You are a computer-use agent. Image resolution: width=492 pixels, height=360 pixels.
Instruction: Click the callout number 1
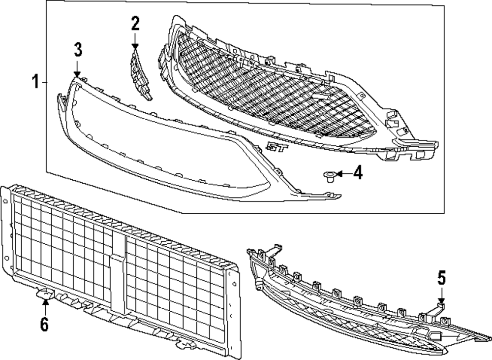click(35, 81)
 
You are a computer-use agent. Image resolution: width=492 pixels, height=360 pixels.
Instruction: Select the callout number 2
click(135, 23)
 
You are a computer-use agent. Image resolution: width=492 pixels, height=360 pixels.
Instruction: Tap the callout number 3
click(78, 50)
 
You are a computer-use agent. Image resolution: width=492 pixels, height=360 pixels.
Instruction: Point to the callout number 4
click(358, 173)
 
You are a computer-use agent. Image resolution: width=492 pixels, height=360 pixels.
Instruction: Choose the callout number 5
click(441, 279)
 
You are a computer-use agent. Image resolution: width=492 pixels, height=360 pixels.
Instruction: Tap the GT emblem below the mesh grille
click(274, 146)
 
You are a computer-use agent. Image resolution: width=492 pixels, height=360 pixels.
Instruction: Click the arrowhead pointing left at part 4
click(339, 173)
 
